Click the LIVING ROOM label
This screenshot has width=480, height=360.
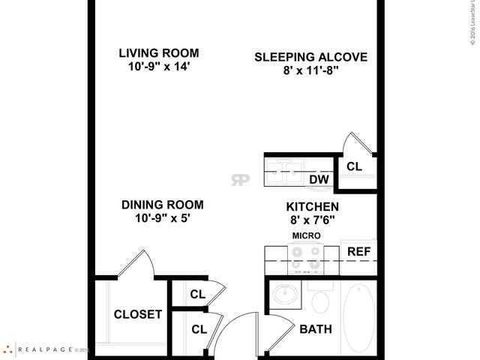(x=159, y=52)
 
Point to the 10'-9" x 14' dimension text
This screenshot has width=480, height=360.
(x=159, y=66)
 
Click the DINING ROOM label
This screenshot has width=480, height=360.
(x=163, y=204)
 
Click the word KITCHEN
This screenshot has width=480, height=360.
(x=312, y=206)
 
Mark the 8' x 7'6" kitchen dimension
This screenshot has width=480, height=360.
(x=312, y=220)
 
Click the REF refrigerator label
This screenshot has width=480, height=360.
(x=358, y=251)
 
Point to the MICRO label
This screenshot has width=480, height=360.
(x=305, y=235)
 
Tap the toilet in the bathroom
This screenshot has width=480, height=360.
(x=320, y=301)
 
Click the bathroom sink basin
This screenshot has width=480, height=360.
(x=286, y=295)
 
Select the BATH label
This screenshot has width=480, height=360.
(x=316, y=329)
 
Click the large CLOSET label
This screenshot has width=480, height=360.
(x=137, y=314)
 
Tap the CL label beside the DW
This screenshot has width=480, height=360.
(x=354, y=166)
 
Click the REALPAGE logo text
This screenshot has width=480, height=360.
(x=45, y=349)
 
